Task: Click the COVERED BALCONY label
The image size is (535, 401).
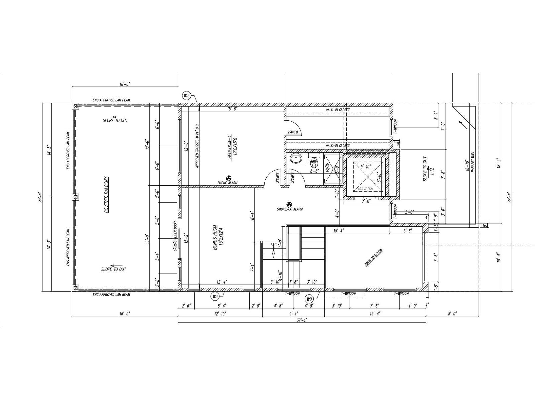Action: (x=106, y=195)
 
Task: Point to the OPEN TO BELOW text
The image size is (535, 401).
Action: (x=373, y=258)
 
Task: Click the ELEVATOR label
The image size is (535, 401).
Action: (x=365, y=189)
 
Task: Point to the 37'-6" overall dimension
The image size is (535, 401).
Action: (x=302, y=320)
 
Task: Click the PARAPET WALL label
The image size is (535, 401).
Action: (x=473, y=162)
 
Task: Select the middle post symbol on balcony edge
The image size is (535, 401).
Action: (x=76, y=197)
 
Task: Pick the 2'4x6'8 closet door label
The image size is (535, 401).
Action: (x=293, y=132)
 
